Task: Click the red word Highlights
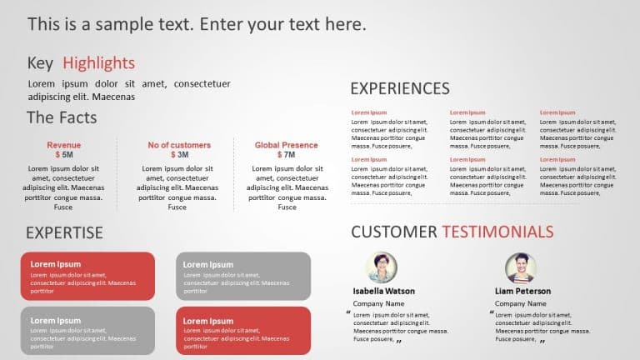coord(98,63)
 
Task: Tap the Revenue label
coord(64,145)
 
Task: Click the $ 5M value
coord(64,155)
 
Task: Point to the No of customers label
coord(179,145)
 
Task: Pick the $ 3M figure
coord(179,155)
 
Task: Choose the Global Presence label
coord(287,145)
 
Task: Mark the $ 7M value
coord(287,155)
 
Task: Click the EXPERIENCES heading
coord(400,88)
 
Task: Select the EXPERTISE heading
coord(64,232)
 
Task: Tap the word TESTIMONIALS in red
coord(497,232)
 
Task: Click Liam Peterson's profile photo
coord(521,267)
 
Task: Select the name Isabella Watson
coord(384,292)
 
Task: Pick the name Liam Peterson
coord(522,292)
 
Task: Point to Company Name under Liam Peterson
coord(520,304)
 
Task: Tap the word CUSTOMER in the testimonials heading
coord(394,232)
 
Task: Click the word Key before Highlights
coord(40,63)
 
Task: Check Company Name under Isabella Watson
coord(379,304)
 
